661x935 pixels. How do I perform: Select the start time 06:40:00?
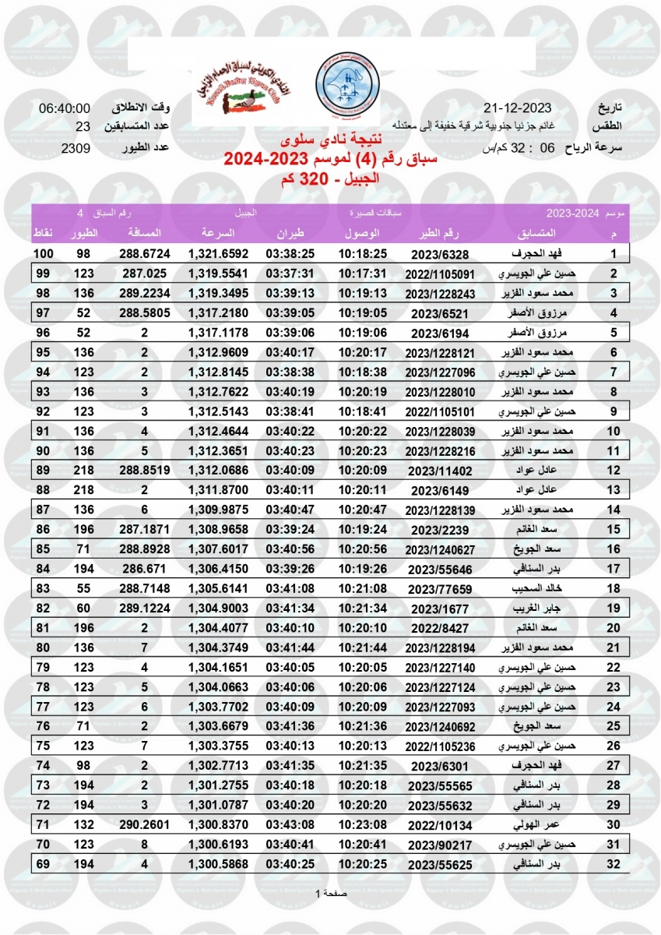(x=65, y=108)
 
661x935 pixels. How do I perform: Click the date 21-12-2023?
(x=517, y=108)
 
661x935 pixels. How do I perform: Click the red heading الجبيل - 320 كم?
(x=331, y=179)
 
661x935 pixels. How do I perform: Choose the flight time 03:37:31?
(x=290, y=273)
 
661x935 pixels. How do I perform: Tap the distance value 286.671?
(x=145, y=569)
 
